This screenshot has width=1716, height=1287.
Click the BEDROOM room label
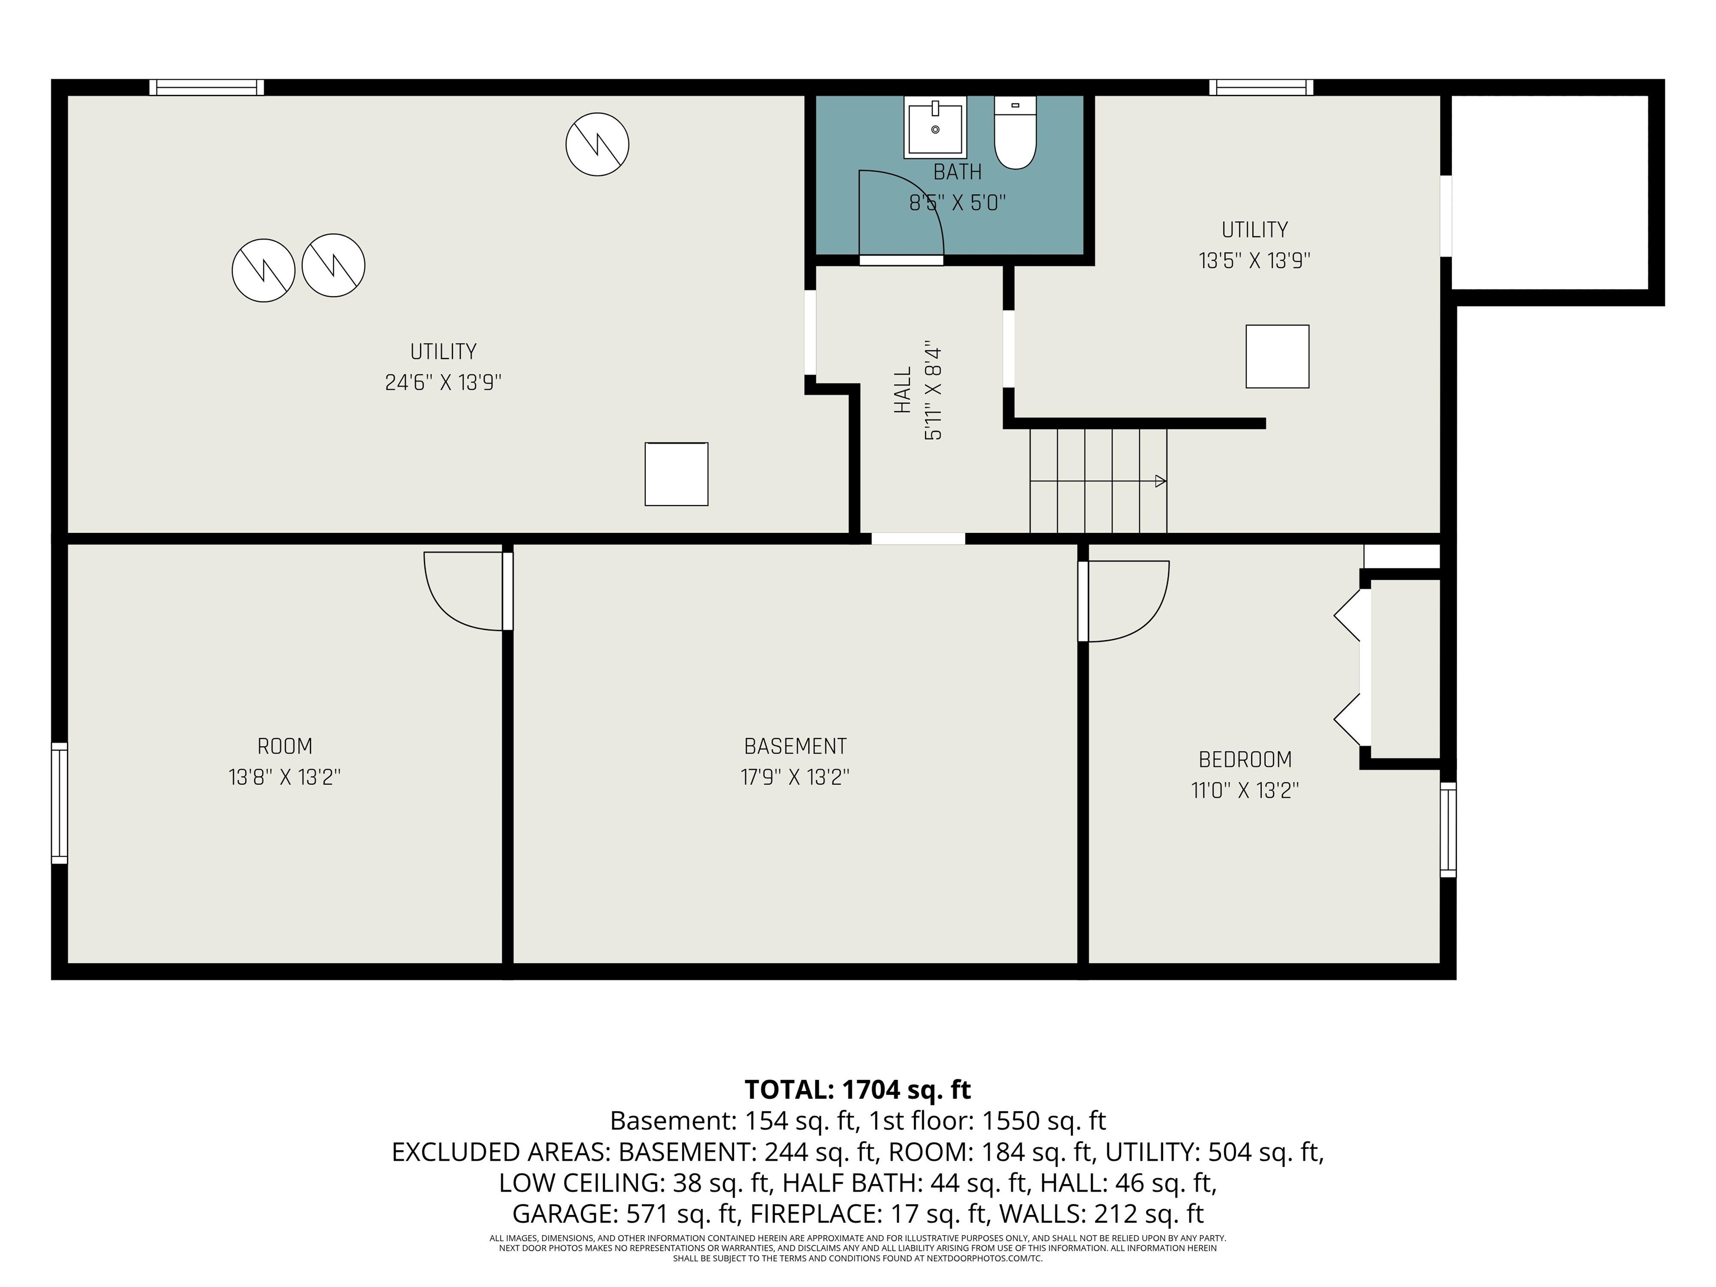pyautogui.click(x=1245, y=760)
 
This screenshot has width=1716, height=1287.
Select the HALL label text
pyautogui.click(x=902, y=390)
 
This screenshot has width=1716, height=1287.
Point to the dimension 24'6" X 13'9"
pyautogui.click(x=444, y=383)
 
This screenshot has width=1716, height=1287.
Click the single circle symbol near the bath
pyautogui.click(x=597, y=144)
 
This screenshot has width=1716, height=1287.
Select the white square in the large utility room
pyautogui.click(x=676, y=474)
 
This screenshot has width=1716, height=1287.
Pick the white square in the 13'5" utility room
pyautogui.click(x=1278, y=356)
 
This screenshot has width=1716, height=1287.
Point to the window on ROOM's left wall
pyautogui.click(x=60, y=803)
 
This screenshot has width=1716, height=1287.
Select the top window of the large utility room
pyautogui.click(x=206, y=87)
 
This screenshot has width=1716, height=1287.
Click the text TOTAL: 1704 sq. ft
pyautogui.click(x=858, y=1090)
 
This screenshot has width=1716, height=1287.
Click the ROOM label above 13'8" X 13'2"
pyautogui.click(x=285, y=746)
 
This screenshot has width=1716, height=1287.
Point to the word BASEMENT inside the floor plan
pyautogui.click(x=795, y=746)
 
